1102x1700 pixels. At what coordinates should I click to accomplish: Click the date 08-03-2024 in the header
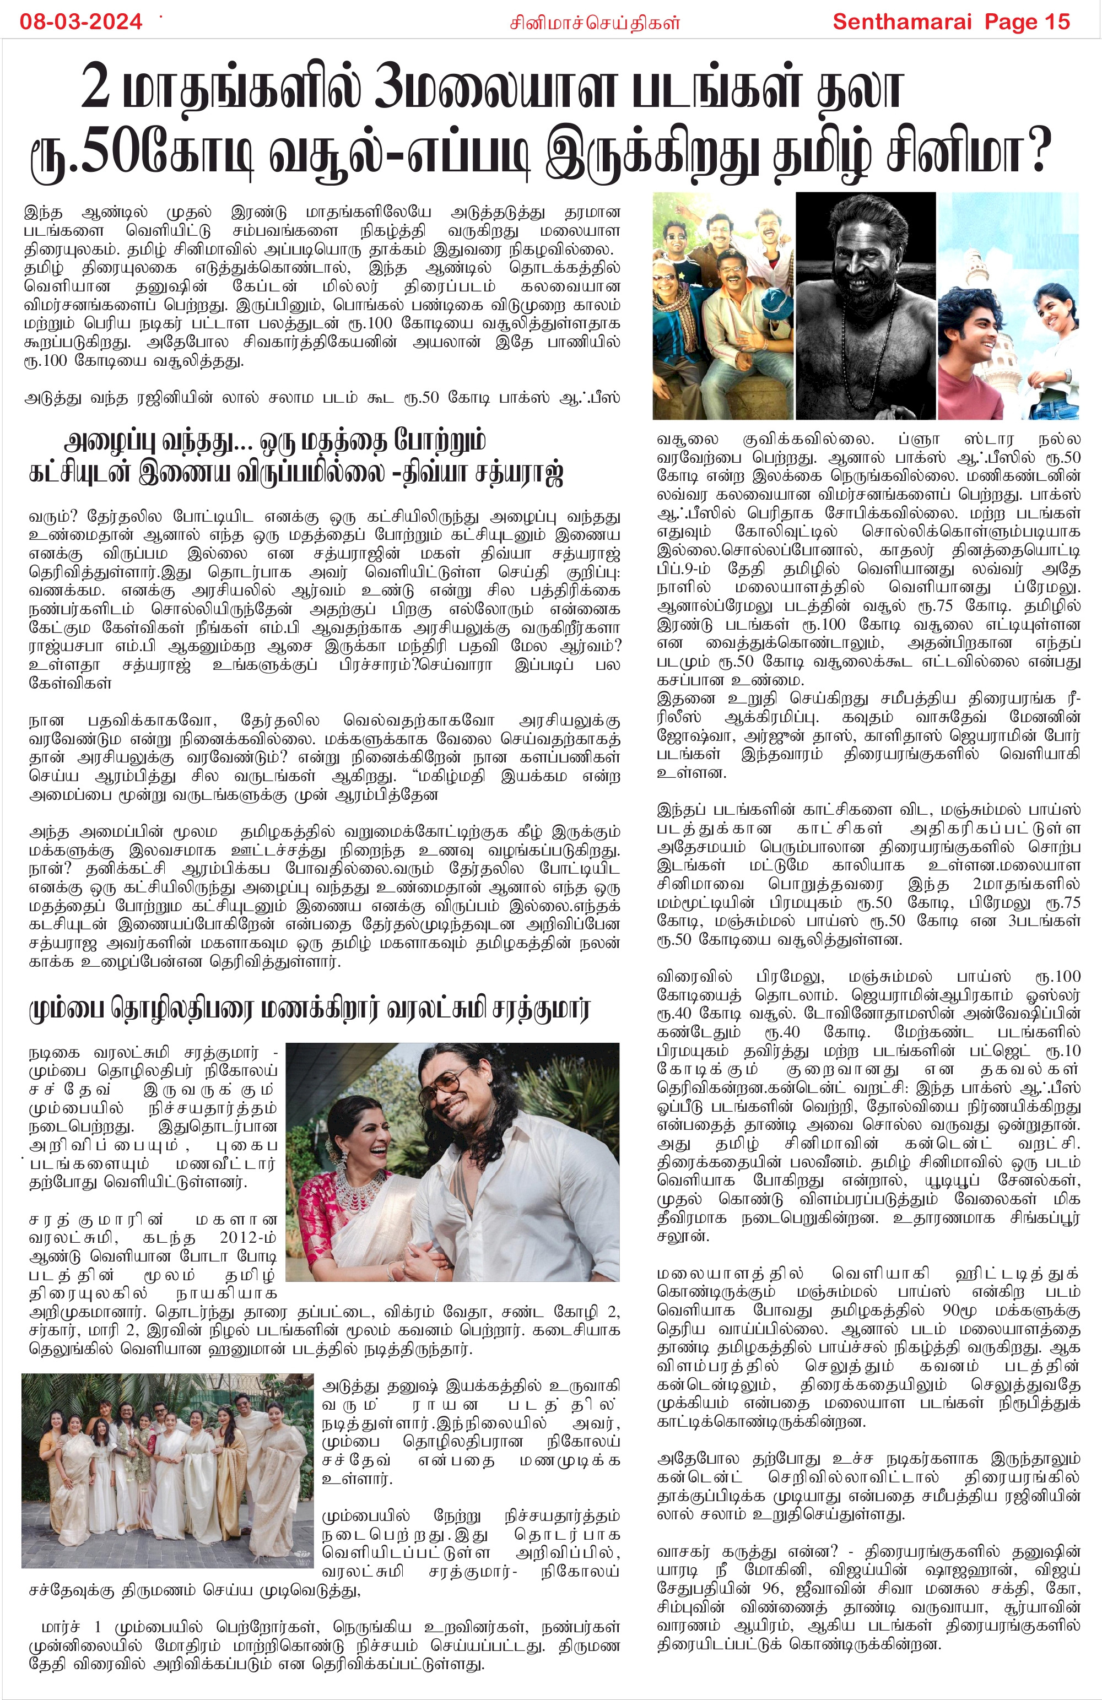(81, 22)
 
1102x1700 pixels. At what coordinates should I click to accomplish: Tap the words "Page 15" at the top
(1027, 22)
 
